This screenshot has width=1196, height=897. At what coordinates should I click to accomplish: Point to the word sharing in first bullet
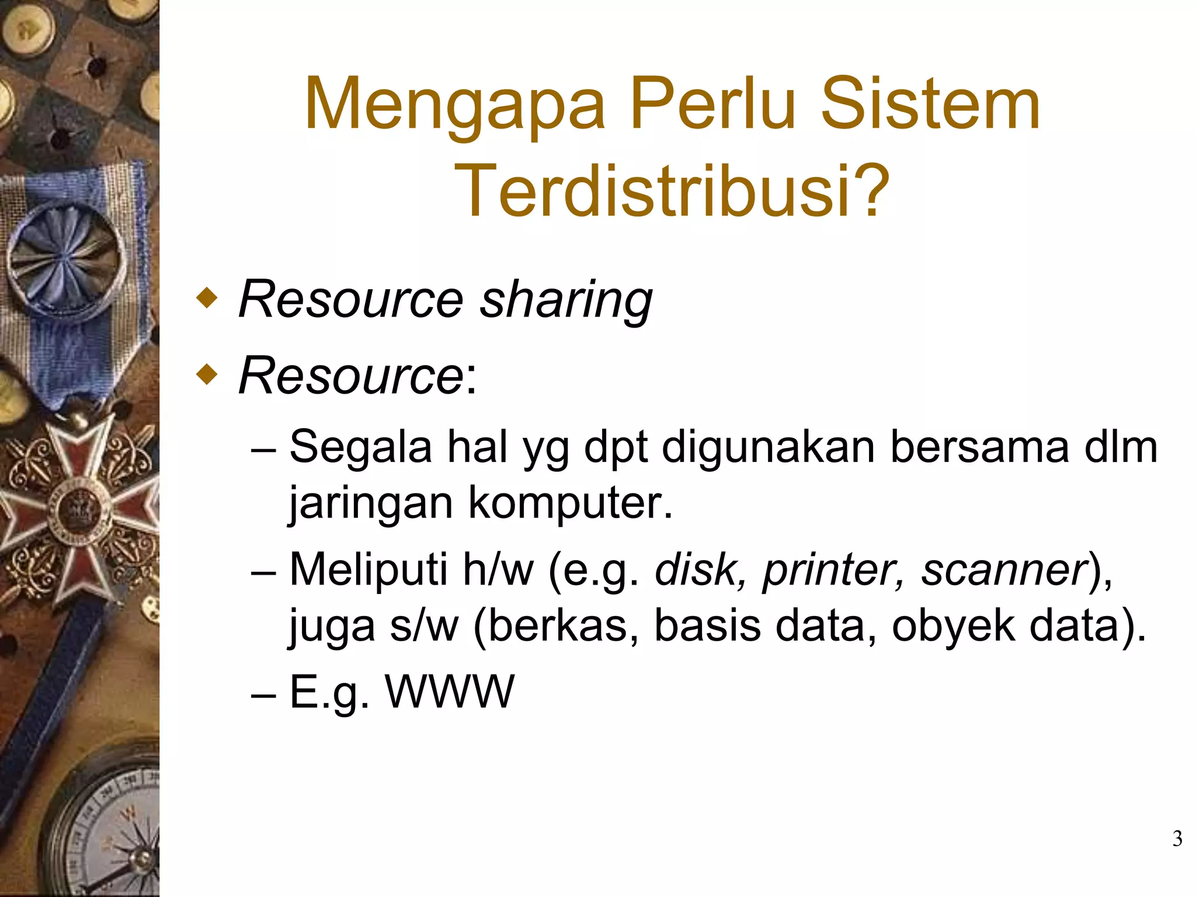click(565, 301)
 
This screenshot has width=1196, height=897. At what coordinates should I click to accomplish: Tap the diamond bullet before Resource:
click(207, 374)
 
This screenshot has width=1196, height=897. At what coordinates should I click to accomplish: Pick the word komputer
click(570, 503)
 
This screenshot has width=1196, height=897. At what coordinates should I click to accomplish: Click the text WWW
click(450, 691)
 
